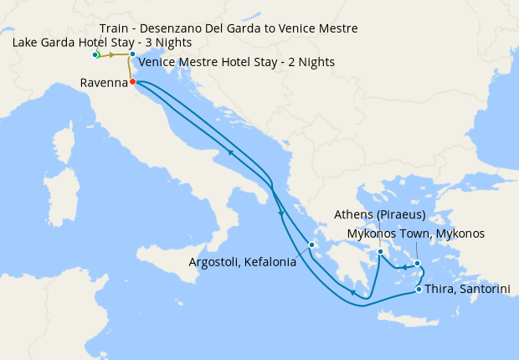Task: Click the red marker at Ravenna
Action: coord(133,82)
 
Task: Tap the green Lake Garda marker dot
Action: coord(96,54)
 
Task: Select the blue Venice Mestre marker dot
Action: coord(132,54)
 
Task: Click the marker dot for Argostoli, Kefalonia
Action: coord(311,245)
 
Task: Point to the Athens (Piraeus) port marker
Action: coord(380,251)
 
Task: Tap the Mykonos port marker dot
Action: coord(417,263)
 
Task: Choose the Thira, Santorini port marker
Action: coord(419,290)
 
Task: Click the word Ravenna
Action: coord(103,83)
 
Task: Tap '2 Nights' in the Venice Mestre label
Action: coord(310,62)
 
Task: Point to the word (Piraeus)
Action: coord(398,215)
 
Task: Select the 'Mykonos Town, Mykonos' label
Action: coord(415,234)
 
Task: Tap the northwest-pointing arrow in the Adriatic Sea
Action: coord(229,153)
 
